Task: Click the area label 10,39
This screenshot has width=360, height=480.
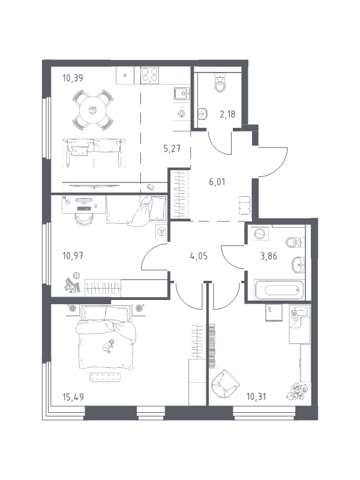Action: point(73,79)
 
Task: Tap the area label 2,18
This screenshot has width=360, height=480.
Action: point(227,115)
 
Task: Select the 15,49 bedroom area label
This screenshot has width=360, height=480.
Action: point(73,397)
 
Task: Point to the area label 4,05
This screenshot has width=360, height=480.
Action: point(199,256)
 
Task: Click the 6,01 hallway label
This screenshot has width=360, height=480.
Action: point(217,182)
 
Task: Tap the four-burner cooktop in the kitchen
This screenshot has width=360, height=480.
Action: point(149,76)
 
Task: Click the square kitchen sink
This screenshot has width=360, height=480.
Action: point(182,94)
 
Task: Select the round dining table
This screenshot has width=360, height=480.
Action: point(92,110)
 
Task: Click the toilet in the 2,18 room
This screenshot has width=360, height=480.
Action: point(220,83)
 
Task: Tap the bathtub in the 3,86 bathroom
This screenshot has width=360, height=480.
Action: point(279,290)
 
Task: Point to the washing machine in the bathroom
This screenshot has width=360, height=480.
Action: point(259,234)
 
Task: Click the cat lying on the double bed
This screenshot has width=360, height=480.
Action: point(107,346)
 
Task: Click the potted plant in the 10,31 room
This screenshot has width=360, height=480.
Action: point(296,392)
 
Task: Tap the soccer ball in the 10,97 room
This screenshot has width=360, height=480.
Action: point(76,275)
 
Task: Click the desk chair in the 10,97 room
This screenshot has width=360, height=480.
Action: point(83,218)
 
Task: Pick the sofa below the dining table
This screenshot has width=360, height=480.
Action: point(94,152)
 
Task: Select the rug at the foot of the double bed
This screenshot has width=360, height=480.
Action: point(104,377)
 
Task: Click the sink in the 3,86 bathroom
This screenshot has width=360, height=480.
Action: point(298,265)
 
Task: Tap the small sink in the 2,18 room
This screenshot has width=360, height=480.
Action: point(203,113)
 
